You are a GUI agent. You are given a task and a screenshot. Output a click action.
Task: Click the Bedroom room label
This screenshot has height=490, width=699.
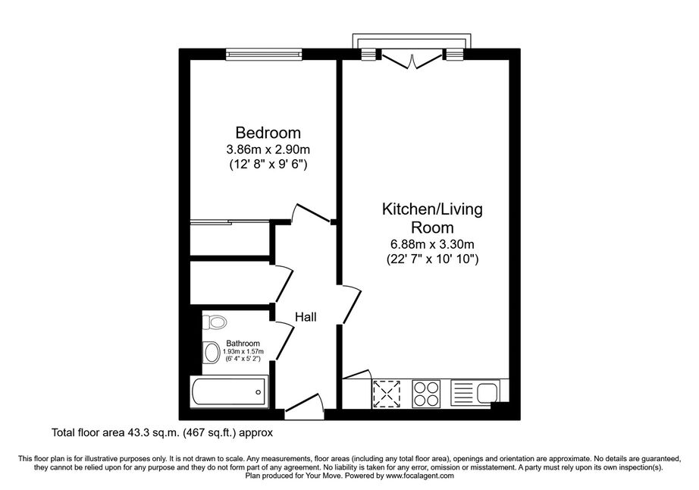(x=268, y=133)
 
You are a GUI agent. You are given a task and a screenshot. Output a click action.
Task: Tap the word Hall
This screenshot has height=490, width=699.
(x=306, y=316)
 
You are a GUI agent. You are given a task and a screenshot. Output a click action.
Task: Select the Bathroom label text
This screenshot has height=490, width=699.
(x=243, y=344)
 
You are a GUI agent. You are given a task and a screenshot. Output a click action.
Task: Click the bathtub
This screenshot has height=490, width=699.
(x=229, y=392)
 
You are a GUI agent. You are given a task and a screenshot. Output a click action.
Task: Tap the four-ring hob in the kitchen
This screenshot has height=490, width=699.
(x=426, y=394)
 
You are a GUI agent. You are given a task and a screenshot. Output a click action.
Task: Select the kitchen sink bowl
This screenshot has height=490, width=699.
(x=487, y=393)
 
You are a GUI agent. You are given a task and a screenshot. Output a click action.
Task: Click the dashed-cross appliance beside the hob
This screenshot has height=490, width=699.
(x=387, y=394)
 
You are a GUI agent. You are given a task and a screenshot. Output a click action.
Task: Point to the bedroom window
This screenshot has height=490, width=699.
(x=264, y=54)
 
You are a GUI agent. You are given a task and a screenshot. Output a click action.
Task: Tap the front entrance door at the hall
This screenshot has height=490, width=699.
(x=305, y=406)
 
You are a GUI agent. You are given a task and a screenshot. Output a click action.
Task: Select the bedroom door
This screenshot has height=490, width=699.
(x=313, y=213)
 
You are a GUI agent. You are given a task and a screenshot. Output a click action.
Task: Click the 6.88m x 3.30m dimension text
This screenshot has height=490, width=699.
(x=432, y=244)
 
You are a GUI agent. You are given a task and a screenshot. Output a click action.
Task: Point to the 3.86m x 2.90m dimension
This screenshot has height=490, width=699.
(x=268, y=149)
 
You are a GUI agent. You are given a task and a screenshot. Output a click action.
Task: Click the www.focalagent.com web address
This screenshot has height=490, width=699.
(x=420, y=476)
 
